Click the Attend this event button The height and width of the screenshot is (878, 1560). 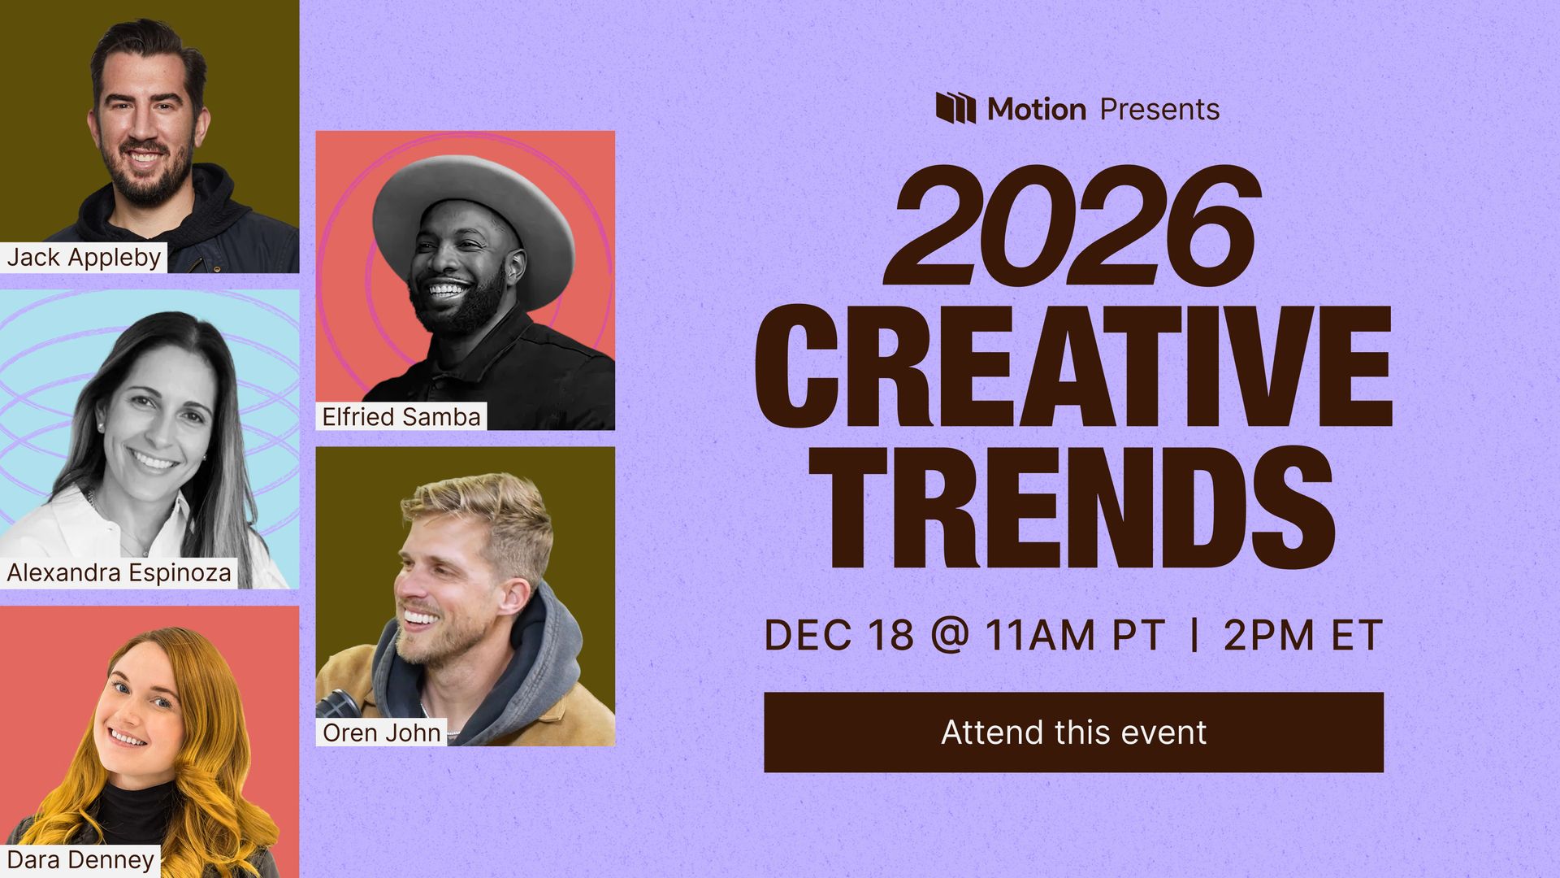(x=1073, y=732)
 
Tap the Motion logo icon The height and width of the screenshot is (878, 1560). (x=955, y=107)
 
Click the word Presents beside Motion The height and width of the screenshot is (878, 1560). (x=1159, y=109)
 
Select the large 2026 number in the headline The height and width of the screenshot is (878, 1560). (x=1072, y=224)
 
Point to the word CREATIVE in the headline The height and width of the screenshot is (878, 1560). (x=1073, y=368)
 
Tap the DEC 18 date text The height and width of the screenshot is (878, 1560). (x=838, y=635)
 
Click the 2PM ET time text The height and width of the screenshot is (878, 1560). (x=1302, y=635)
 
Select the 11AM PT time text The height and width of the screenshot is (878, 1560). (x=1075, y=635)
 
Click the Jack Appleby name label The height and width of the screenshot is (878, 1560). (x=84, y=257)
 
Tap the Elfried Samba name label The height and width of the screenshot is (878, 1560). (x=401, y=416)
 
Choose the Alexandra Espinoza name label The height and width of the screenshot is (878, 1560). (x=119, y=572)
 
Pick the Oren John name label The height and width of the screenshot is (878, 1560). (x=381, y=732)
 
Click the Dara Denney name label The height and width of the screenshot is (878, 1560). (x=80, y=859)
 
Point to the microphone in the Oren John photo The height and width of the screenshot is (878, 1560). (x=336, y=703)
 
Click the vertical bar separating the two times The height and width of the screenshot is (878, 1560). (x=1194, y=635)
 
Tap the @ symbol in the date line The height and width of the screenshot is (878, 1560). (x=949, y=635)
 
